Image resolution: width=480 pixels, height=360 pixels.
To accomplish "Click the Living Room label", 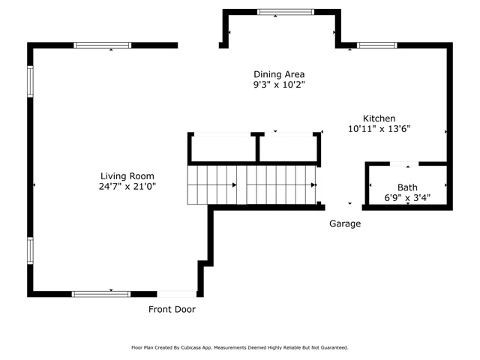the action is click(x=127, y=176).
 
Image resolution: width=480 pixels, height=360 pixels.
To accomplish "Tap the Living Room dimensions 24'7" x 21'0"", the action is click(x=127, y=186).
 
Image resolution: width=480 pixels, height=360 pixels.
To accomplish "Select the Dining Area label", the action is click(x=279, y=74).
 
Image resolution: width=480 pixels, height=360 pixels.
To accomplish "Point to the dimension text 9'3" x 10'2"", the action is click(x=279, y=85).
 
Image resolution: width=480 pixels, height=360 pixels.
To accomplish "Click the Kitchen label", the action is click(x=379, y=118).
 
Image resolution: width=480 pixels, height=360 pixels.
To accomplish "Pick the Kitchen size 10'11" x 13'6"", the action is click(x=379, y=128).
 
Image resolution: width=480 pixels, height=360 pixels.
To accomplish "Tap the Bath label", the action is click(x=407, y=187).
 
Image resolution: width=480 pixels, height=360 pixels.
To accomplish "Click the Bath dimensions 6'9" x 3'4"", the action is click(x=407, y=198).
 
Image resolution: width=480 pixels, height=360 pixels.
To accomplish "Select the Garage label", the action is click(x=345, y=223).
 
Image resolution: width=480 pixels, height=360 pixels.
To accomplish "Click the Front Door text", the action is click(x=172, y=310).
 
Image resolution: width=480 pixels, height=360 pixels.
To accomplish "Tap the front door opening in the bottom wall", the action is click(x=177, y=294).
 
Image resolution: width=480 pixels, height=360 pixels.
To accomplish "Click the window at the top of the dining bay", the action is click(x=286, y=12).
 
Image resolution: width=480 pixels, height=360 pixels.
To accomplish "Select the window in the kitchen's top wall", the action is click(x=376, y=45).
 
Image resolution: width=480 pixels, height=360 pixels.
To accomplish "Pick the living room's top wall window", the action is click(x=103, y=45).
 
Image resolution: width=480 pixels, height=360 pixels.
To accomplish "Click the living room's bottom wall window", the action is click(x=101, y=294).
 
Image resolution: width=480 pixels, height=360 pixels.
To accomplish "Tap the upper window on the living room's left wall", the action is click(x=30, y=82).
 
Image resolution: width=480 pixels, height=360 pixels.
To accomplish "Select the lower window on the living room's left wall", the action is click(x=30, y=250).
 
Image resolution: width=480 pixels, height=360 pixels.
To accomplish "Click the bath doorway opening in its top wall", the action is click(x=404, y=164).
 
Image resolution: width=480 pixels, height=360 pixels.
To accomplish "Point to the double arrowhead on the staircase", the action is click(x=313, y=185).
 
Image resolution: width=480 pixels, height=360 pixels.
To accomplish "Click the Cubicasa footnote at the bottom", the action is click(x=240, y=348).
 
